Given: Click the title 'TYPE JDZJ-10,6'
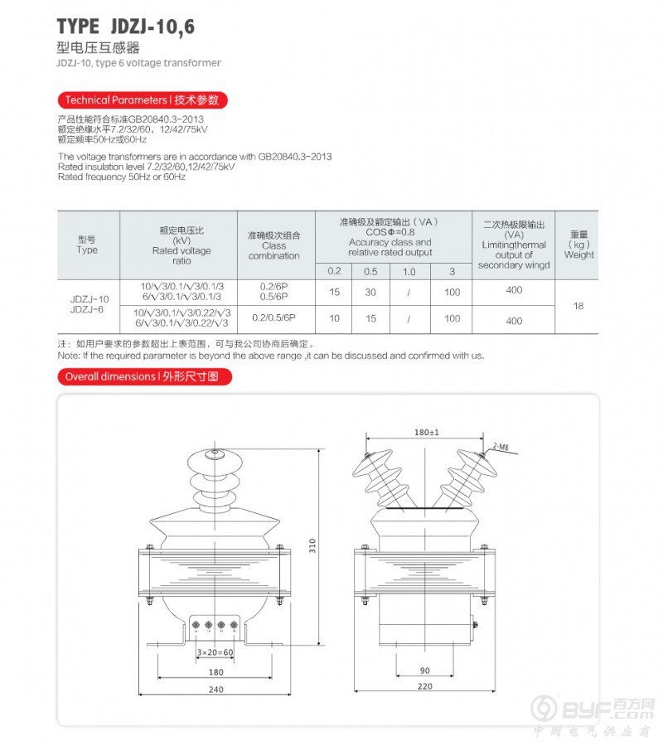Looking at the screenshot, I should click(x=126, y=27).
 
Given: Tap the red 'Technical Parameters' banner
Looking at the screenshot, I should click(x=143, y=100).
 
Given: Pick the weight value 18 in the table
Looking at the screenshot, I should click(x=578, y=306).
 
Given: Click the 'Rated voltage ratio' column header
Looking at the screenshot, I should click(x=181, y=245).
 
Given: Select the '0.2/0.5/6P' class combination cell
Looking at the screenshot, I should click(x=273, y=318).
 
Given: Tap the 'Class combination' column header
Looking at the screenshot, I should click(x=273, y=245).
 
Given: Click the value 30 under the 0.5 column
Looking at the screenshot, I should click(x=370, y=293).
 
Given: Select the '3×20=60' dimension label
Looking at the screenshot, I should click(x=215, y=652).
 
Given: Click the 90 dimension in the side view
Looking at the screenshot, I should click(x=425, y=670).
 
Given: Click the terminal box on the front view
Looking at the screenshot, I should click(x=215, y=627).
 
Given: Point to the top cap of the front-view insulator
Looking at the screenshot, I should click(x=215, y=453).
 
